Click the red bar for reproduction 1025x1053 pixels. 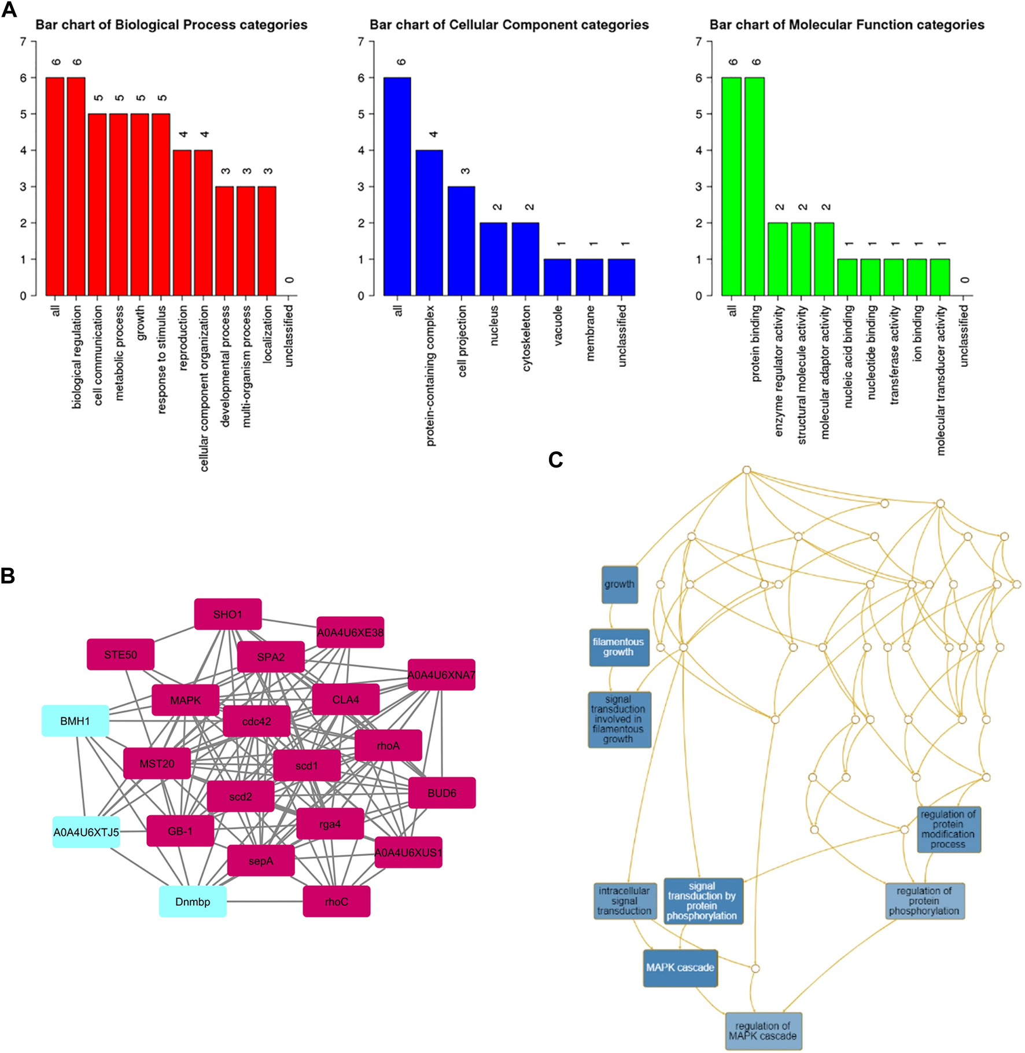pos(182,223)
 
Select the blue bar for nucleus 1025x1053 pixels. pos(493,259)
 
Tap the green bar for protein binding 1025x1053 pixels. pos(754,186)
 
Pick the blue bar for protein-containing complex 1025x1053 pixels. pos(429,223)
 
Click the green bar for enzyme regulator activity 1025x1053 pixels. pos(777,259)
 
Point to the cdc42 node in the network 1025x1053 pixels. pos(256,721)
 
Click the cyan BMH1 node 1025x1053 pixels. pos(75,721)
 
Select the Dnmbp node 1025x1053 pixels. pos(193,901)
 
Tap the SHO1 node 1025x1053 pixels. pos(227,614)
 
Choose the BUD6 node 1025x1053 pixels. pos(442,793)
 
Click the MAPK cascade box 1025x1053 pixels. pos(680,967)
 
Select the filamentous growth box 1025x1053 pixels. pos(618,647)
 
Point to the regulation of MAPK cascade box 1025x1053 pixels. pos(763,1031)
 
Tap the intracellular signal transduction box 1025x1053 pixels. pos(624,901)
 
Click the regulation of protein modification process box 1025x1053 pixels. pos(948,829)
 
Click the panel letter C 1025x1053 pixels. pos(555,460)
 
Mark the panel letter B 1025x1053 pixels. pos(8,576)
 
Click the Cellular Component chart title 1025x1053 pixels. pos(509,25)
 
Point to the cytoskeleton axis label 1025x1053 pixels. pos(526,338)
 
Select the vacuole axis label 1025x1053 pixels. pos(558,326)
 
